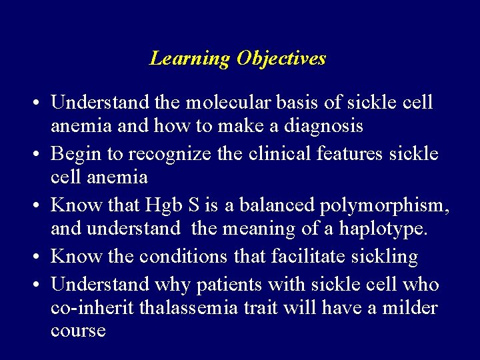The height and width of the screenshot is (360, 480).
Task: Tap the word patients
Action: [x=225, y=285]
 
